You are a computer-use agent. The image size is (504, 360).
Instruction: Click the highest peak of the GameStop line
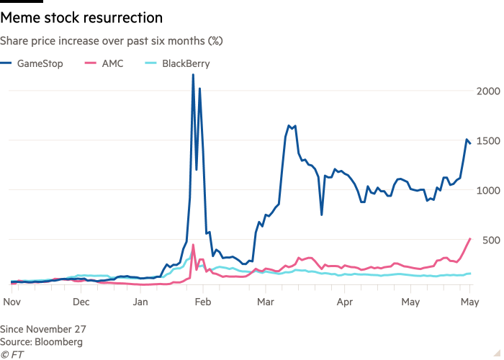click(193, 75)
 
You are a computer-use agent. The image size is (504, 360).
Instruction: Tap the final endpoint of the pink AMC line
click(469, 238)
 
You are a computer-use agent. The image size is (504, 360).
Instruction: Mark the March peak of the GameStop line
click(289, 125)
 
